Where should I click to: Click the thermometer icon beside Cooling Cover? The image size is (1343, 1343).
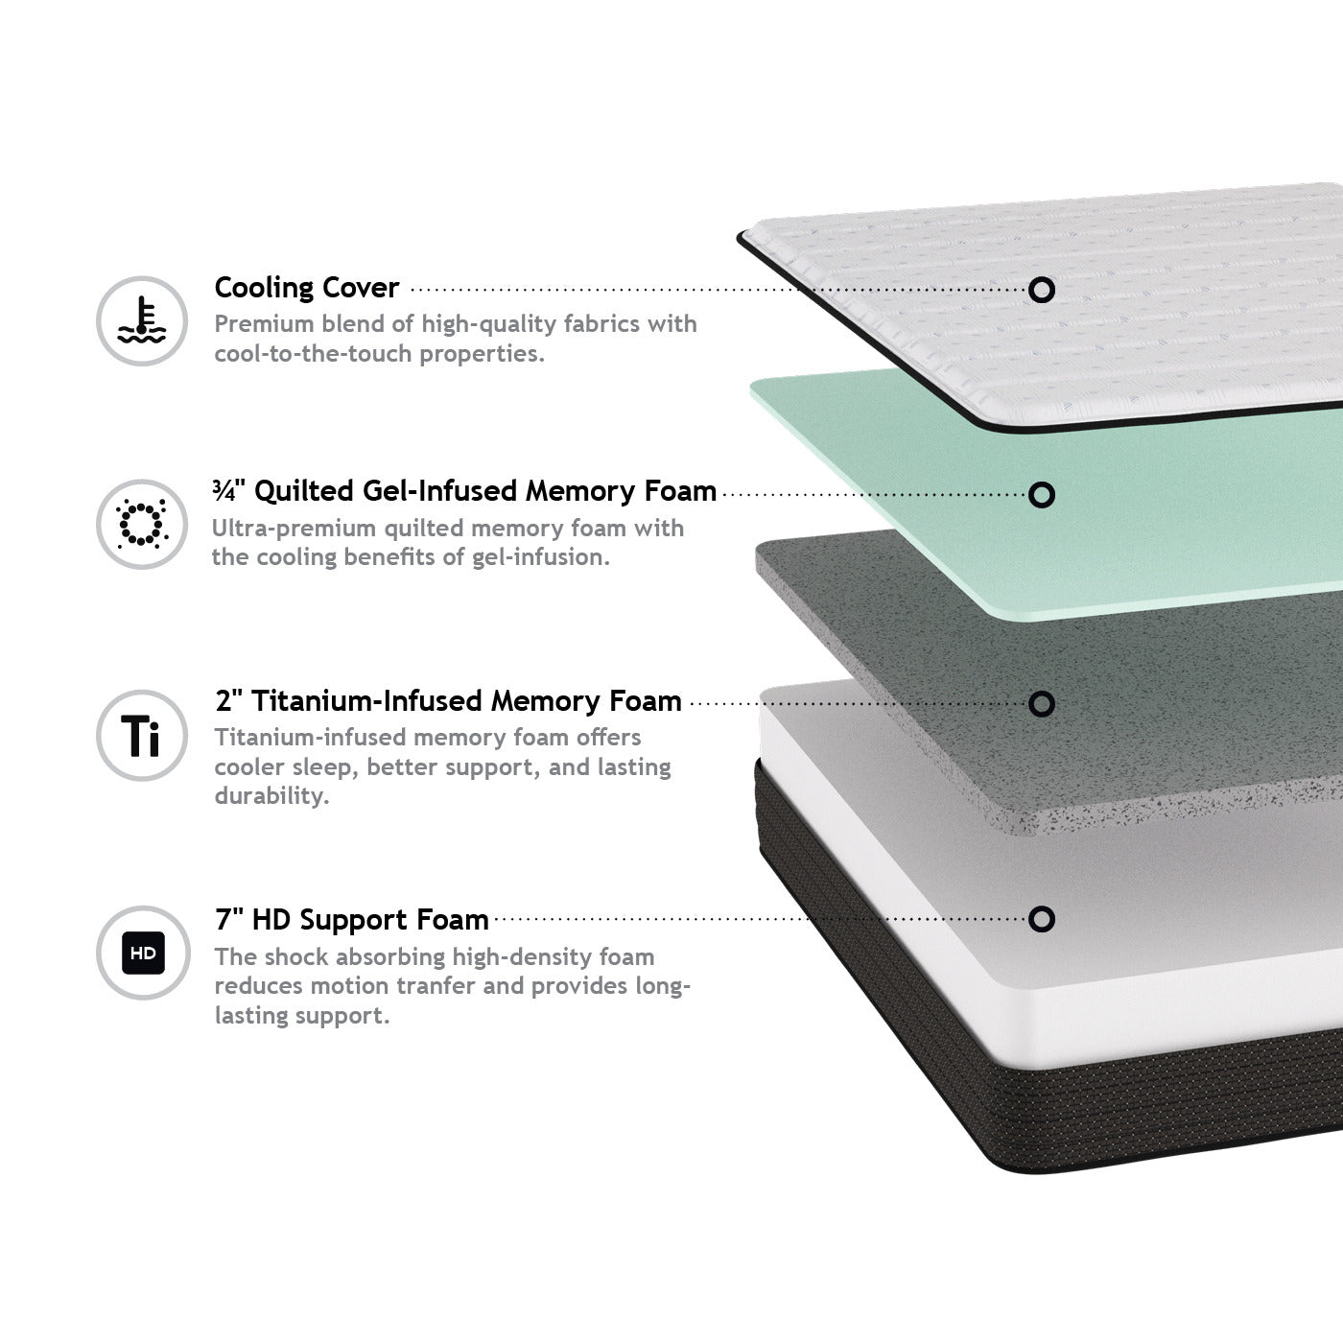(141, 321)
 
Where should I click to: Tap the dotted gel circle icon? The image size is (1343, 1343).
(141, 524)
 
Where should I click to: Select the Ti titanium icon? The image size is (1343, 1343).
(141, 735)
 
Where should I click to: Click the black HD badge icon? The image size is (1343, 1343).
(143, 953)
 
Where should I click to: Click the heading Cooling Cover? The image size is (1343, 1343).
(307, 288)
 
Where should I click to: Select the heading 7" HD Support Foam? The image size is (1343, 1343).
(352, 920)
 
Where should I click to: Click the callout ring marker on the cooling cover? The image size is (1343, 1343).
(1041, 290)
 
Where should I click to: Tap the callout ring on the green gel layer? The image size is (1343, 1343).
(1041, 495)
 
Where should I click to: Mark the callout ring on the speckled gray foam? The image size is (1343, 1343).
(1041, 704)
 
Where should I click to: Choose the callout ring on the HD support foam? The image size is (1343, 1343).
(1041, 919)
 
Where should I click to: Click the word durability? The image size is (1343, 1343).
(271, 796)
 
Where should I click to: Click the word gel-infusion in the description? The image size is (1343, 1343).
(541, 557)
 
